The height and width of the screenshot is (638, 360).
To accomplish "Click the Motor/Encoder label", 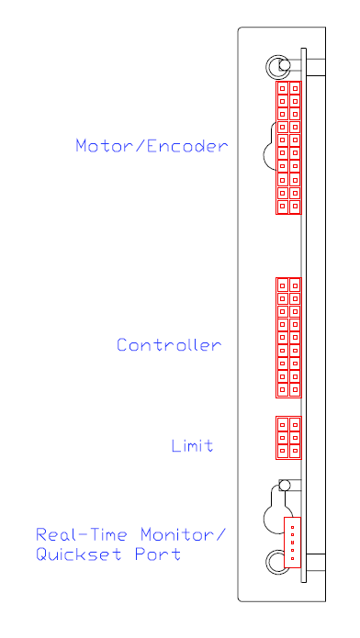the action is pos(152,146).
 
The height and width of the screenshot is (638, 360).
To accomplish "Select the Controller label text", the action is pos(169,345).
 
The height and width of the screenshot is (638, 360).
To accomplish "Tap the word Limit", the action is pos(192,445).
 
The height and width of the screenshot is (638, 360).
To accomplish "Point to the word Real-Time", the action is pos(82,534).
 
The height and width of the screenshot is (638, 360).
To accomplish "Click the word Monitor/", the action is pos(183,534).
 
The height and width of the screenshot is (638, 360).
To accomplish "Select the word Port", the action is pos(158,554).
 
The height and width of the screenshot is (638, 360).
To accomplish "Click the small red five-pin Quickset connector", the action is pos(292,543).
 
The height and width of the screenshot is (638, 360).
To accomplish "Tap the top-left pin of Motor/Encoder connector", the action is pos(282,88).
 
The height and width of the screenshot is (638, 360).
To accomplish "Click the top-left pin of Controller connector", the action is pos(282,285).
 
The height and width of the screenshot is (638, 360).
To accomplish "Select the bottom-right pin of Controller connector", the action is pos(295,389).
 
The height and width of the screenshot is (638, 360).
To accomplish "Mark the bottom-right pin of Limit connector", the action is pos(295,451).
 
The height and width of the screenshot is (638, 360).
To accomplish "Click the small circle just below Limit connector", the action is pos(285,485).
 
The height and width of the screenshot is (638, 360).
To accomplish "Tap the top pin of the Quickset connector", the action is pos(292,527).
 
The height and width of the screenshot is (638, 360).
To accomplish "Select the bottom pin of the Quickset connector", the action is pos(292,558).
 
